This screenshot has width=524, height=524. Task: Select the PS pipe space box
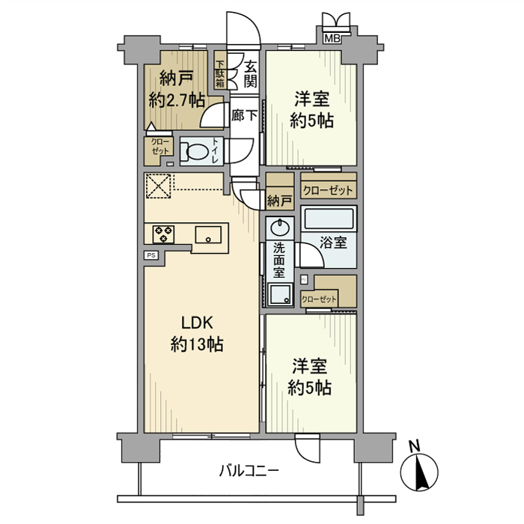pyautogui.click(x=151, y=255)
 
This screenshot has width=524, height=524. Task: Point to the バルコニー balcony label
pyautogui.click(x=249, y=471)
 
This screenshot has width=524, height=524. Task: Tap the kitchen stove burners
pyautogui.click(x=162, y=234)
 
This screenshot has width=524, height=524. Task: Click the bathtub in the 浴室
pyautogui.click(x=329, y=221)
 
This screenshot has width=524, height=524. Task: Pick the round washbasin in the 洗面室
pyautogui.click(x=280, y=226)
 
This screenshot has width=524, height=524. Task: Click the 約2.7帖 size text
pyautogui.click(x=177, y=99)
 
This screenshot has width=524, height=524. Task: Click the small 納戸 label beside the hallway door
pyautogui.click(x=279, y=200)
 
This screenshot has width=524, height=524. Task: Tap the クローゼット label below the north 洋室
pyautogui.click(x=328, y=190)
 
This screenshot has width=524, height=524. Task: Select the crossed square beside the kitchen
pyautogui.click(x=158, y=186)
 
